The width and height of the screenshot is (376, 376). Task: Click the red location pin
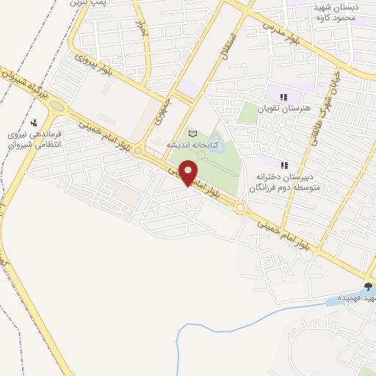tap(189, 173)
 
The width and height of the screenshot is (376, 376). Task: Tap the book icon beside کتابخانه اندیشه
tap(193, 134)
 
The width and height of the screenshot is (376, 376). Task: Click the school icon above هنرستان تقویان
tap(284, 96)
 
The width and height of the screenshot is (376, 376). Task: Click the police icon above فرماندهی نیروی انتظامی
tap(34, 123)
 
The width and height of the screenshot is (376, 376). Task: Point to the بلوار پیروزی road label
tap(94, 62)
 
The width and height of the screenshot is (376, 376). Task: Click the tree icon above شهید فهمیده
tap(367, 287)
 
